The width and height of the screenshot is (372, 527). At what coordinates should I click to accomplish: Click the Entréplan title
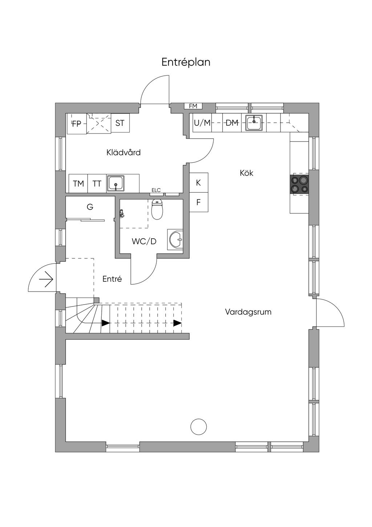point(186,63)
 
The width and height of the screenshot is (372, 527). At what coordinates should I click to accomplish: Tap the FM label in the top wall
point(193,106)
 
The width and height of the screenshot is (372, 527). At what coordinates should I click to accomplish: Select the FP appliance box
point(77,124)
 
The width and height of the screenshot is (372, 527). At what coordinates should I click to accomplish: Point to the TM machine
point(78,183)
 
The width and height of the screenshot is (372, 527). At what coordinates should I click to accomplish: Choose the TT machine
point(97,183)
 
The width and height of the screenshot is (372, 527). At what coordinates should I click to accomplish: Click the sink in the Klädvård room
point(116,183)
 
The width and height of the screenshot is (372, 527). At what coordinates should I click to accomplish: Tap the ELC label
point(156,190)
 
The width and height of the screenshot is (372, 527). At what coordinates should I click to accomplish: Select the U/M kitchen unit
point(202,123)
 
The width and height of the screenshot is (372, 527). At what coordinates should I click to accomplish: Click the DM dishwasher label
point(232,123)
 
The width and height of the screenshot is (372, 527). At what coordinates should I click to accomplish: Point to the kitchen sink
point(254,122)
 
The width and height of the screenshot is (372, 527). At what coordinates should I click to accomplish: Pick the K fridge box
point(199,183)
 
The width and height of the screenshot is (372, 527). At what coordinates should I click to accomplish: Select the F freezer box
point(199,202)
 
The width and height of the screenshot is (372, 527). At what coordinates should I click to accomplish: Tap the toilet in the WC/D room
point(157,209)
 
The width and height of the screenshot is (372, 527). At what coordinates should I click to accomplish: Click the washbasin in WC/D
point(176,239)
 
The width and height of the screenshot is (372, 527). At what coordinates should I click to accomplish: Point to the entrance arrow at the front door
point(46,279)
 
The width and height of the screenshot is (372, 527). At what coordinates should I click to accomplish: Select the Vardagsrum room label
point(248,312)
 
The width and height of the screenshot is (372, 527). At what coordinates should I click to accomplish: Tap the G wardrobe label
point(90,207)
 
